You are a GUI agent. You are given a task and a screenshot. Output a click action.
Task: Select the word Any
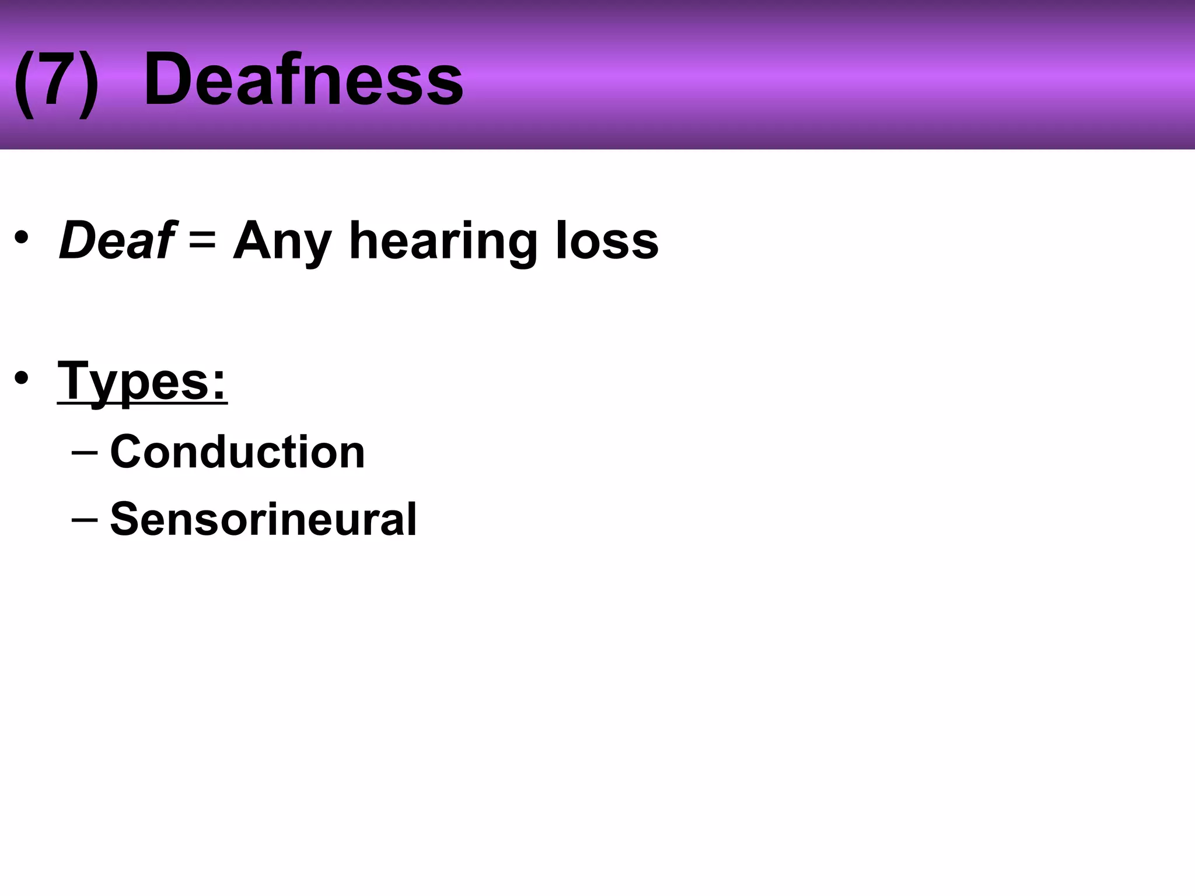282,242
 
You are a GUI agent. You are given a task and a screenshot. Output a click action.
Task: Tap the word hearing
443,242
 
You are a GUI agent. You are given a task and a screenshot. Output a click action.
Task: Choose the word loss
607,240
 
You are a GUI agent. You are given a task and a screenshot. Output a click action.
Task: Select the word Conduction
237,452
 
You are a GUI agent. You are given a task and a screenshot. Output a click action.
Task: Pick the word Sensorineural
263,519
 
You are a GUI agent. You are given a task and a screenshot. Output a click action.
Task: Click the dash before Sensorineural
84,519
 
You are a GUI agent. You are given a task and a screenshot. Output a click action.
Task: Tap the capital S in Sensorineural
124,519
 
